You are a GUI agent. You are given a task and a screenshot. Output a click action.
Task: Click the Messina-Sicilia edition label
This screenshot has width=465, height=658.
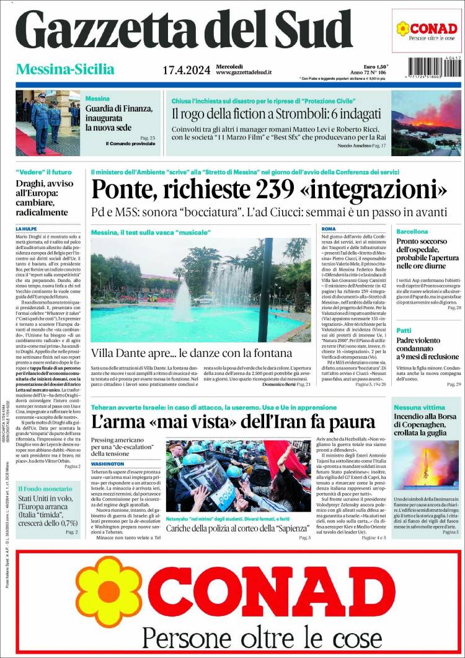pos(65,69)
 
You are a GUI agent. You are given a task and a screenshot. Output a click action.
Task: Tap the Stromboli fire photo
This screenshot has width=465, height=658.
pos(427,123)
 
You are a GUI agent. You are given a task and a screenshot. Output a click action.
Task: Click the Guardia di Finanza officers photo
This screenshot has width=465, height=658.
pos(48,123)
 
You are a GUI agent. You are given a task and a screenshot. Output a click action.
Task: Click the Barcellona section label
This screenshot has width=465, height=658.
pos(412,231)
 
